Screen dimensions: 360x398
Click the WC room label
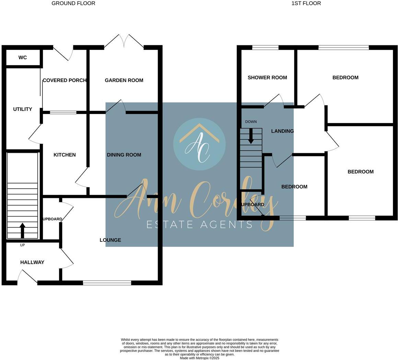click(23, 57)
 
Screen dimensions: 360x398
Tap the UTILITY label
click(23, 109)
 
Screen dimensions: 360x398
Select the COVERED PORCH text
click(65, 80)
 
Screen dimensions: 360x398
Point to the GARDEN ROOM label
click(124, 80)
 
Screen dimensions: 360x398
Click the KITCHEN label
click(65, 155)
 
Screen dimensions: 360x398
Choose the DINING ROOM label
click(124, 155)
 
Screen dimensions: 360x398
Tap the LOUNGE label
click(110, 240)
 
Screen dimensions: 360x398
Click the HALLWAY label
click(32, 262)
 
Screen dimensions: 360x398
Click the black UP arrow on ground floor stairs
click(23, 230)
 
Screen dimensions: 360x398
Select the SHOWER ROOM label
click(267, 78)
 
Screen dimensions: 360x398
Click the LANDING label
click(282, 131)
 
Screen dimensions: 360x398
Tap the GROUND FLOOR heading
click(73, 3)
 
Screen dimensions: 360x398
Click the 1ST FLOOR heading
click(306, 3)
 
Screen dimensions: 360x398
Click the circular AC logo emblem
click(199, 144)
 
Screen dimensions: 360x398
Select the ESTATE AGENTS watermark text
click(199, 225)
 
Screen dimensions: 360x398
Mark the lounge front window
click(107, 283)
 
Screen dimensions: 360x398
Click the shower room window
click(265, 47)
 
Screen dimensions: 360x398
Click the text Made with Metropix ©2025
click(199, 358)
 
